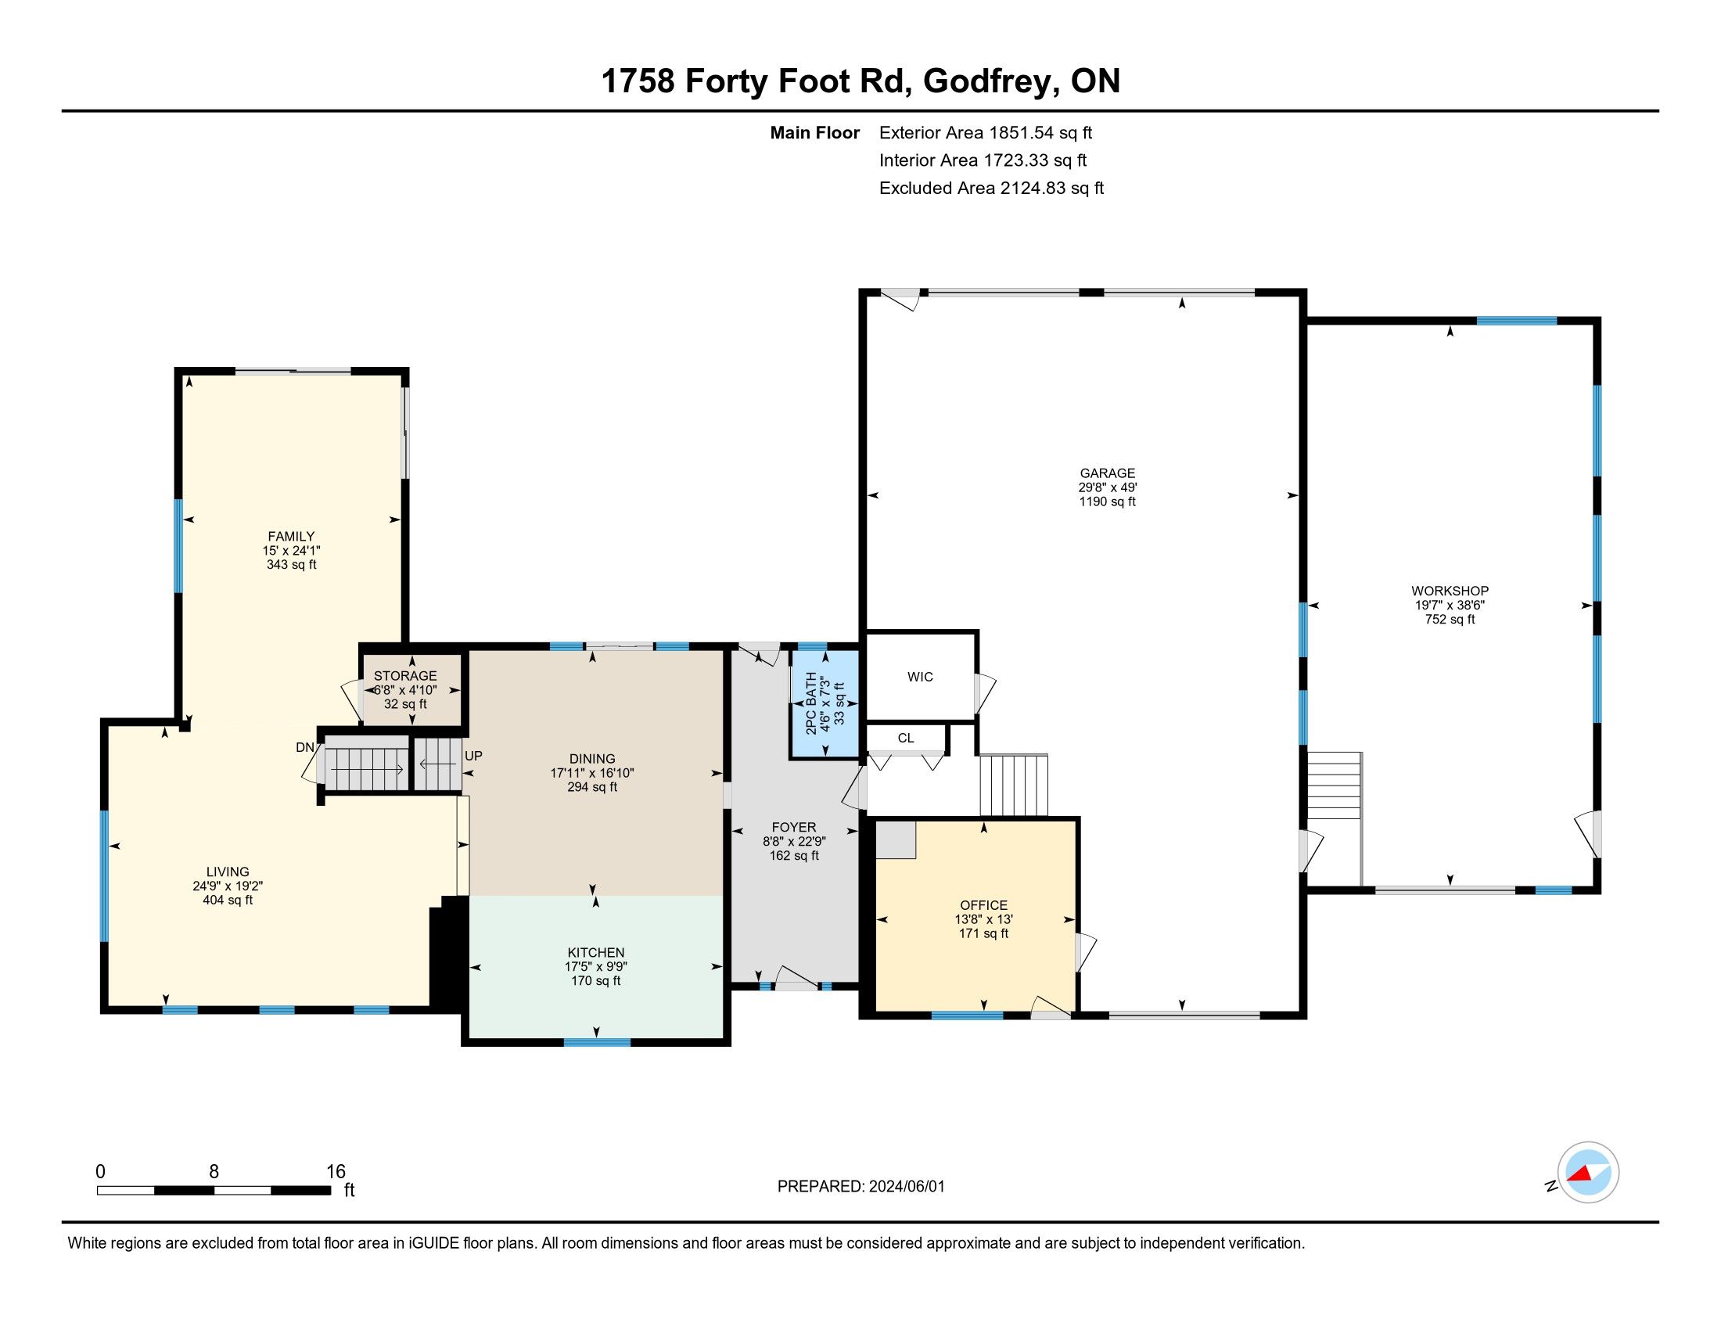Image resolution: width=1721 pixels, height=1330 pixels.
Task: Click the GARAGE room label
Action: (x=1107, y=473)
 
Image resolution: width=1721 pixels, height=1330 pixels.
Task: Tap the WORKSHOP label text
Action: (x=1450, y=591)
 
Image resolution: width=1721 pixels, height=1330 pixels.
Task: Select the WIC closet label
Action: (x=921, y=677)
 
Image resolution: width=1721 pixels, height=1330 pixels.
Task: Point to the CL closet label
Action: (x=906, y=739)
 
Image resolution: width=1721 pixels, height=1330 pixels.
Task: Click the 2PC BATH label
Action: (x=811, y=703)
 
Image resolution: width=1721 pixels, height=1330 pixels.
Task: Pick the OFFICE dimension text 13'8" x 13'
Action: (x=983, y=919)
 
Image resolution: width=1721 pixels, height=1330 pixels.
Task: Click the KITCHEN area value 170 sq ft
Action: (x=596, y=981)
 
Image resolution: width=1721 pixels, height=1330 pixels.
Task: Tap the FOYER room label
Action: (x=794, y=827)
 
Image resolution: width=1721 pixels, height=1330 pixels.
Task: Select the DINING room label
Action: (x=593, y=759)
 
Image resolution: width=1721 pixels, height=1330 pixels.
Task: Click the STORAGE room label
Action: (x=405, y=676)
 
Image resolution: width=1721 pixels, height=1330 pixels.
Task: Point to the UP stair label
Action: (x=473, y=756)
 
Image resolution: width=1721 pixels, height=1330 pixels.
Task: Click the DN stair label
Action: (x=305, y=747)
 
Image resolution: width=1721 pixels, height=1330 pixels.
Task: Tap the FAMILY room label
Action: (x=292, y=537)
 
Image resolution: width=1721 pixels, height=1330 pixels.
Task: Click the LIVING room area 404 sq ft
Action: (x=228, y=900)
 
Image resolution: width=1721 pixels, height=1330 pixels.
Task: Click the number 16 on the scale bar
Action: (x=336, y=1172)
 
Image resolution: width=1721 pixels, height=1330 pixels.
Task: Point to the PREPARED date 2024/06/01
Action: (x=905, y=1187)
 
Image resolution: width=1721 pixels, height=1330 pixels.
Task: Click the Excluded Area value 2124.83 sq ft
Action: (x=1052, y=189)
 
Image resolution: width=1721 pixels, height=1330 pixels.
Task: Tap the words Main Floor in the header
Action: (x=815, y=133)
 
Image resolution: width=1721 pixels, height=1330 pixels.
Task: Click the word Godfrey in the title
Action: (x=990, y=82)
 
